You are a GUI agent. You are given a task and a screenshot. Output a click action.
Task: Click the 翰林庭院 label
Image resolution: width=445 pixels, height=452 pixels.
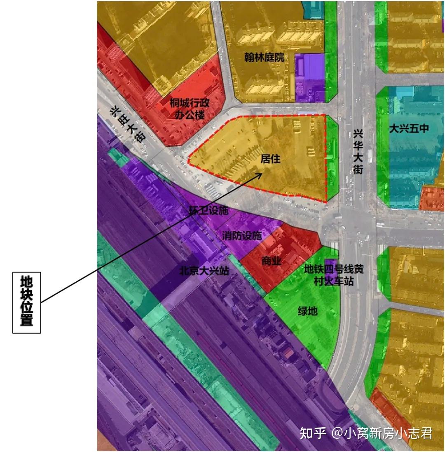[x=264, y=57]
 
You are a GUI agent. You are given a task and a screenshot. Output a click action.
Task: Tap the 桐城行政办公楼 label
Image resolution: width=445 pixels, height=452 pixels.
[x=190, y=108]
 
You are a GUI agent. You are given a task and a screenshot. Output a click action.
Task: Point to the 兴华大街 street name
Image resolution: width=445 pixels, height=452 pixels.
[x=358, y=152]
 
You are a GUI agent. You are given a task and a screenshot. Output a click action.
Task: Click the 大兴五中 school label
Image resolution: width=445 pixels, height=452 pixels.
[x=409, y=129]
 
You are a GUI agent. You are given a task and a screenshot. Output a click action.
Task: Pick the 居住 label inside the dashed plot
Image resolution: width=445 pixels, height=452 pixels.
[x=270, y=158]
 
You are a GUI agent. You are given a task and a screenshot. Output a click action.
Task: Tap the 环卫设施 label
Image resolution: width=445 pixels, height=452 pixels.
[x=208, y=211]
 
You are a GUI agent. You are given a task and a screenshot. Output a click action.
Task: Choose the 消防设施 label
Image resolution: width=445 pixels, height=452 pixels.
[x=242, y=236]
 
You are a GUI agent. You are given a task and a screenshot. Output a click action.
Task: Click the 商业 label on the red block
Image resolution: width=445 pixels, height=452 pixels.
[x=271, y=261]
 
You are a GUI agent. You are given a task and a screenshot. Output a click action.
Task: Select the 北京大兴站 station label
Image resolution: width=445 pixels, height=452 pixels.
[x=204, y=271]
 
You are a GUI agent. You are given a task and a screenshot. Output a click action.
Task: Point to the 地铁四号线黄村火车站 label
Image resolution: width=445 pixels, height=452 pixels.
[x=334, y=275]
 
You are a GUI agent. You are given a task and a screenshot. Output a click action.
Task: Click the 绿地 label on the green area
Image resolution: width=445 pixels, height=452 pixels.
[x=307, y=310]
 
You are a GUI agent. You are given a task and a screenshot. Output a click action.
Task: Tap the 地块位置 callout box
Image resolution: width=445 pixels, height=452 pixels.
[x=27, y=302]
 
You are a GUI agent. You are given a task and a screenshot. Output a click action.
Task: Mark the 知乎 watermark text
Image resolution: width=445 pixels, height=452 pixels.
[x=313, y=433]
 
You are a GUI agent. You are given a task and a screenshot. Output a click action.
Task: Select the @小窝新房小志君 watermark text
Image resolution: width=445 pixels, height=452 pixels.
[x=383, y=433]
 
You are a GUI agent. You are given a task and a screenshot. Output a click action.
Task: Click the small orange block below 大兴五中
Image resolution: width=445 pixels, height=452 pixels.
[x=432, y=199]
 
